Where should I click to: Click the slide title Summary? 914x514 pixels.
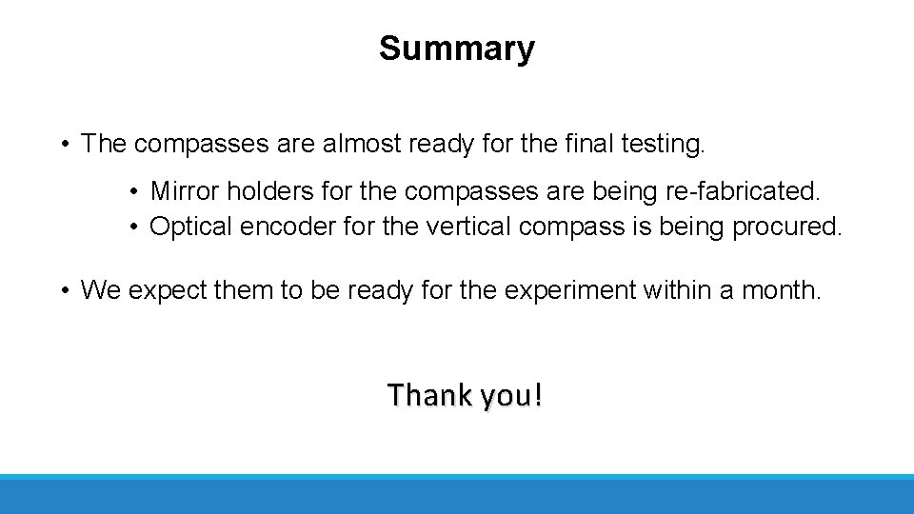[x=456, y=48]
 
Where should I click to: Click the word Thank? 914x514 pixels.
[x=427, y=394]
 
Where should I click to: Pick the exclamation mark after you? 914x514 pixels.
[x=538, y=394]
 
